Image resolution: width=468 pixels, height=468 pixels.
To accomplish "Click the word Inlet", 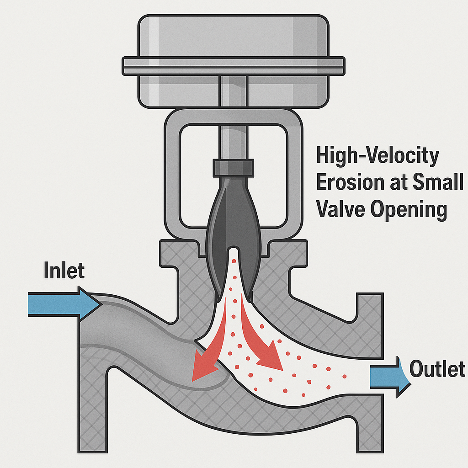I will [64, 271].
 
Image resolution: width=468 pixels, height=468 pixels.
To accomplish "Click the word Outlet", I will [437, 368].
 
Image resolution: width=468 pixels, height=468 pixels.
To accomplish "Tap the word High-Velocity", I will [378, 156].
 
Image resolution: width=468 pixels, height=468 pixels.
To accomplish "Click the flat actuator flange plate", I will [233, 66].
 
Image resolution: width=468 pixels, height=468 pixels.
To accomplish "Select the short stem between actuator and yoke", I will [233, 91].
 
